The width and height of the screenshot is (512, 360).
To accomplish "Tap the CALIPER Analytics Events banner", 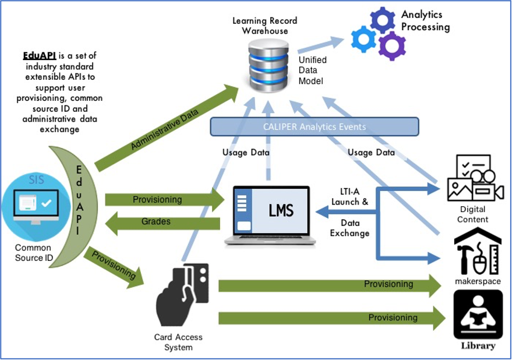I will pos(314,127).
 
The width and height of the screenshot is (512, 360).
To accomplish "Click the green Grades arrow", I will pos(163,223).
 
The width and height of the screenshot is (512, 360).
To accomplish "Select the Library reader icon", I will pos(478,315).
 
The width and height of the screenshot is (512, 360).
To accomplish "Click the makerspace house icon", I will pos(478,251).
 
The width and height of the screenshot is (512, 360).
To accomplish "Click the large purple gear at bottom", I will pos(391,45).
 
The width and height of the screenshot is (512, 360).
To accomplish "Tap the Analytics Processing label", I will pos(425,21).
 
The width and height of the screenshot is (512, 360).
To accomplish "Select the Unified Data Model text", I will pos(312,70).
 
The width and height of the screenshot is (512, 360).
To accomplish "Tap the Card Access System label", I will pos(178,342).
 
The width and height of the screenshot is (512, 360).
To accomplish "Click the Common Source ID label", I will pos(33,253).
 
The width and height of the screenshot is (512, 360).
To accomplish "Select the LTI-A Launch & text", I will pos(349,196).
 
